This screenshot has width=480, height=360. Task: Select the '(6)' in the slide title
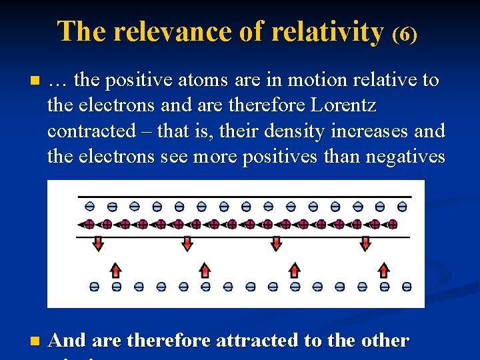coord(405,34)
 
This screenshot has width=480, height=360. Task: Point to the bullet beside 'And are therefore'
coord(35,342)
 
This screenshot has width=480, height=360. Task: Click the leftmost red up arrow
coord(115,269)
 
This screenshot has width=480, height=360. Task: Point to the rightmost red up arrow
coord(383,269)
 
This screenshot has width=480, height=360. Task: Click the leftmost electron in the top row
coord(90,207)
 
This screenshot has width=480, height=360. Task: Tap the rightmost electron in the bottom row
coord(407,287)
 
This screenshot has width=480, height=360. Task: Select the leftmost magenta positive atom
coord(89,224)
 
